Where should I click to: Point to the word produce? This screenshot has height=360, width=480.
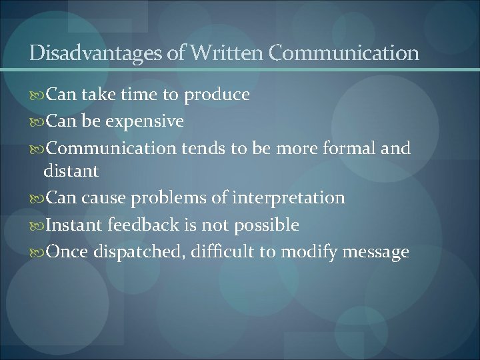coord(217,95)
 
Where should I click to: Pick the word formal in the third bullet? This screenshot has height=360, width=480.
coord(345,148)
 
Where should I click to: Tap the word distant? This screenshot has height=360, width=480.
coord(71,171)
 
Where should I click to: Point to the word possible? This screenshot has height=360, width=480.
coord(266,225)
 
